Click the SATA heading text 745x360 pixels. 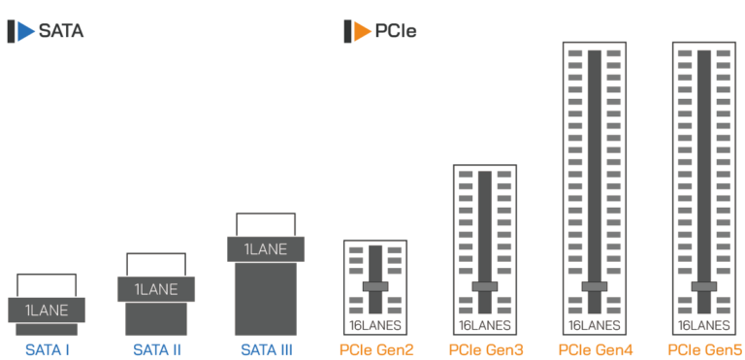click(61, 31)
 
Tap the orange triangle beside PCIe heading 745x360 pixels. click(362, 31)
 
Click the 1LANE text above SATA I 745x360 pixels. click(47, 311)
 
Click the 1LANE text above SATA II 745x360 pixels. click(155, 289)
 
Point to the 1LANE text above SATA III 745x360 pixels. click(265, 249)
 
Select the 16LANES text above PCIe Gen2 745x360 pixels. click(374, 325)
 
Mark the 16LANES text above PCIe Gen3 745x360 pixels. click(484, 325)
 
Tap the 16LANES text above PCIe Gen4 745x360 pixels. click(595, 325)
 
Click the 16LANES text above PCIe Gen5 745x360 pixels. click(704, 325)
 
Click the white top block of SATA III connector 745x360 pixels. click(265, 224)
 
